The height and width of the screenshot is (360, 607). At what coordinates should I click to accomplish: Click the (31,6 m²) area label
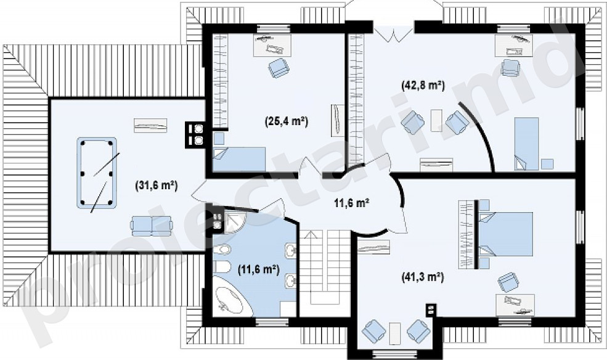[x=157, y=186]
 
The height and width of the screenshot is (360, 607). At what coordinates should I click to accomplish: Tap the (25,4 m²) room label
[x=287, y=121]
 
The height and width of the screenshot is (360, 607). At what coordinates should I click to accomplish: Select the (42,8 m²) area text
[x=423, y=85]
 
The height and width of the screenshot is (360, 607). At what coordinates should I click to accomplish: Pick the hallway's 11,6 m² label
[x=351, y=203]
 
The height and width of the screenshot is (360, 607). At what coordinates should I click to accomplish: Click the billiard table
[x=97, y=173]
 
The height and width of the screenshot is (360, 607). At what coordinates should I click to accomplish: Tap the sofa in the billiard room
[x=151, y=226]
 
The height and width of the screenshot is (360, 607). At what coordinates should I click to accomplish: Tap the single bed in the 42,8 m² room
[x=526, y=144]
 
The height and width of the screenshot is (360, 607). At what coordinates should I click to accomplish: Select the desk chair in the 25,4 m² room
[x=279, y=68]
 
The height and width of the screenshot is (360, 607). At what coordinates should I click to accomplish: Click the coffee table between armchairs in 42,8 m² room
[x=436, y=120]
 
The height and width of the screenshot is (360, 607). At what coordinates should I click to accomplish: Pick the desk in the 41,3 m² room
[x=515, y=305]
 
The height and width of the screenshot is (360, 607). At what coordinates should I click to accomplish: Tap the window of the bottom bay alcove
[x=395, y=353]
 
